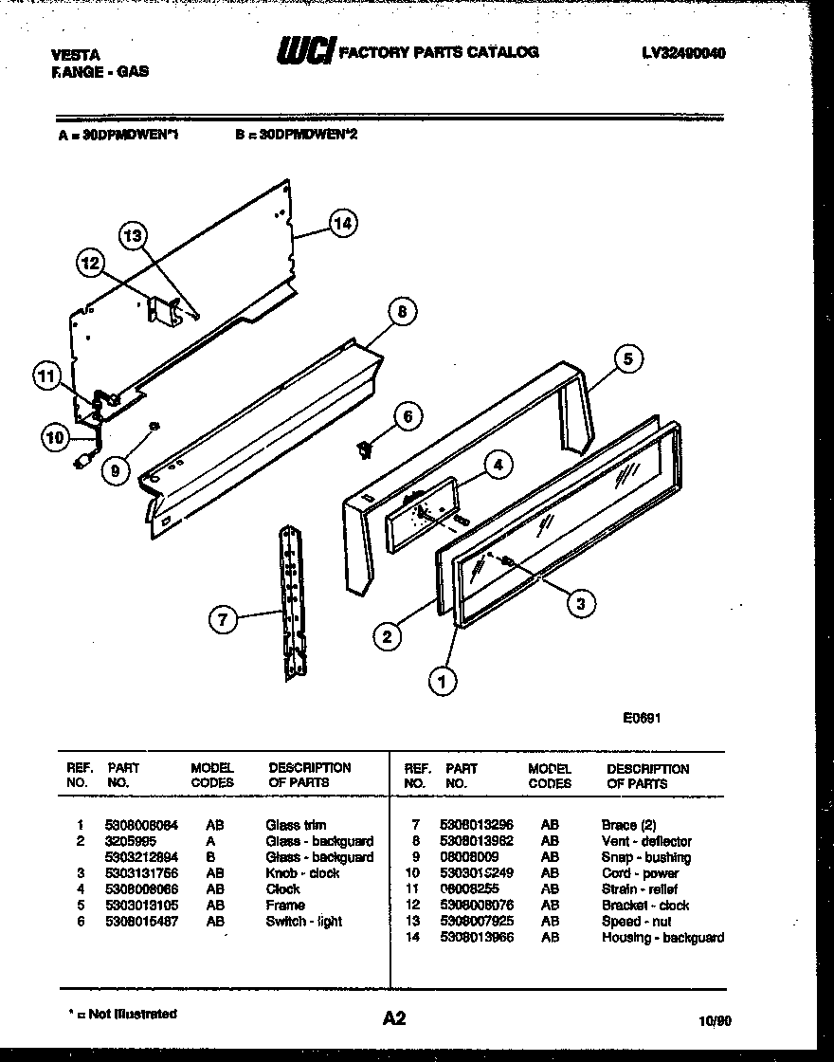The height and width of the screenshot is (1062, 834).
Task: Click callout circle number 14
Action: [343, 224]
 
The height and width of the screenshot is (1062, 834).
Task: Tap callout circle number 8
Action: [402, 311]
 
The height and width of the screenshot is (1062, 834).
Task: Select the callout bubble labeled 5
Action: [626, 358]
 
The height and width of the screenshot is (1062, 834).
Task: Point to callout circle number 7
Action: [222, 620]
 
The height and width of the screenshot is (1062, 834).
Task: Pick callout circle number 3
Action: [582, 600]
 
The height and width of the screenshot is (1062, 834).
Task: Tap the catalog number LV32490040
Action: [683, 54]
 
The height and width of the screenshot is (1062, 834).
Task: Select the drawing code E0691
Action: [642, 718]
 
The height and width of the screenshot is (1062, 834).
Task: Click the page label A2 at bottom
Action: [394, 1018]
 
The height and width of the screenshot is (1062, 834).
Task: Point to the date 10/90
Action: [715, 1020]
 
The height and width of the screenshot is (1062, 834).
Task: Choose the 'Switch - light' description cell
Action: [303, 922]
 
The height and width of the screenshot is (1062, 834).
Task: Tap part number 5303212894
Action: [142, 857]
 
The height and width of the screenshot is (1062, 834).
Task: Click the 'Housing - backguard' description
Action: [662, 938]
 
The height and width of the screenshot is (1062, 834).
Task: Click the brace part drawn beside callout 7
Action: [292, 602]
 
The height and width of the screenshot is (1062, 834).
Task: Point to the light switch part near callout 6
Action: [363, 449]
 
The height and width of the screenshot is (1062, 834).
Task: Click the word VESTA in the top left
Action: [75, 55]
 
